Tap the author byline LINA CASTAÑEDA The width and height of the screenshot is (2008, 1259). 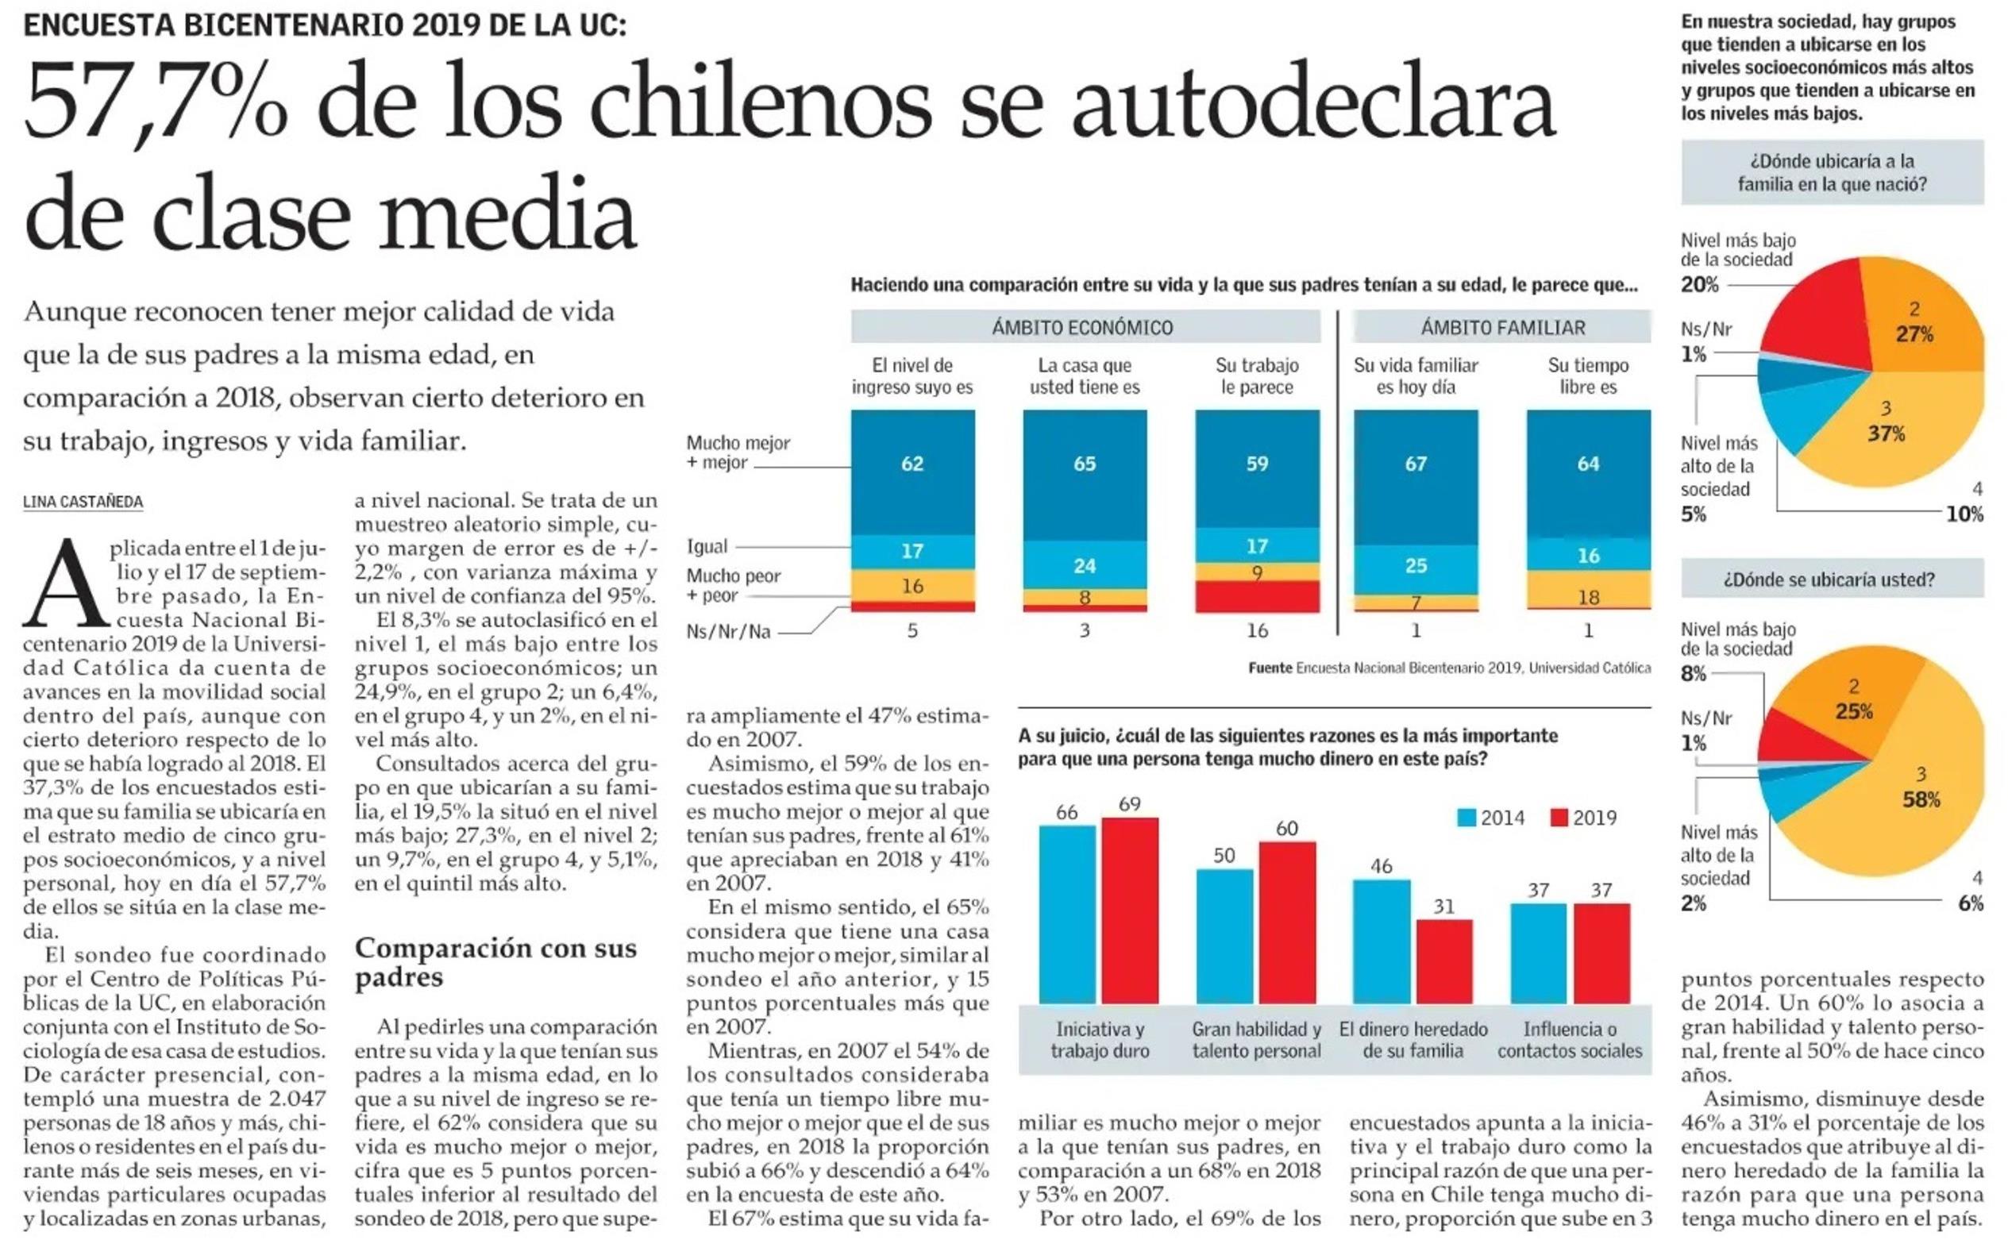pos(83,502)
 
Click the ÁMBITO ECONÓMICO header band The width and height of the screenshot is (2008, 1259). pos(1084,327)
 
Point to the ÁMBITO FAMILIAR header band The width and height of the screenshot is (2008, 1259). pos(1501,327)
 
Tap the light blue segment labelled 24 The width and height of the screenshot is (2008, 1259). pos(1084,565)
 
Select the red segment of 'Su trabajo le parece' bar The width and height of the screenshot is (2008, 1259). pos(1256,596)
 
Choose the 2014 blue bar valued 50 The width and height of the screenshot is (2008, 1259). pos(1224,936)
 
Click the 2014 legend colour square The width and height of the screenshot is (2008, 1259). pos(1466,818)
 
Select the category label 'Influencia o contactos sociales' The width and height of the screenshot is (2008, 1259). pos(1569,1040)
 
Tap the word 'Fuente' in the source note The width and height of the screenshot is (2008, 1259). pos(1270,668)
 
